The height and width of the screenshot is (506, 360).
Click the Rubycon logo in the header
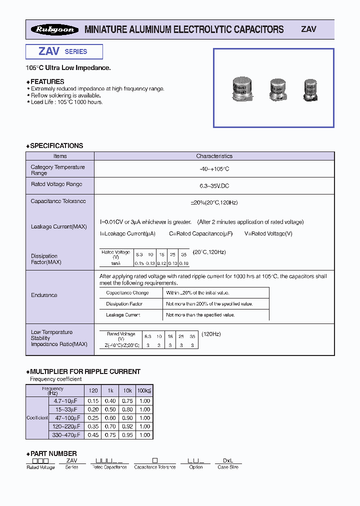[54, 29]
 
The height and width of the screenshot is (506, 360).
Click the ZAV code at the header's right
[308, 29]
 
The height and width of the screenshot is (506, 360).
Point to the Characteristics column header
[214, 156]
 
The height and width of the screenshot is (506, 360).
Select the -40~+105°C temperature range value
[214, 169]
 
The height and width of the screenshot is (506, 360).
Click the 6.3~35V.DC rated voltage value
[214, 185]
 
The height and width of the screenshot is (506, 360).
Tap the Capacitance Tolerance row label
[58, 201]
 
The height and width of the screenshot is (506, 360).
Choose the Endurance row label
[44, 295]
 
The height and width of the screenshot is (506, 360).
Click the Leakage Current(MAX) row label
[58, 226]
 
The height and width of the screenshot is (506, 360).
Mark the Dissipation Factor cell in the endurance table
[124, 304]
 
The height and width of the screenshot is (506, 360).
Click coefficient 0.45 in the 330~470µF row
[92, 435]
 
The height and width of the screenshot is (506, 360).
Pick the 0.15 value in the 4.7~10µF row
[92, 401]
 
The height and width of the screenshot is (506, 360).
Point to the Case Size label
[228, 467]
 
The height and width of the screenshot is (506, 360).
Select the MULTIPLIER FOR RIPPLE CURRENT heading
[85, 371]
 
